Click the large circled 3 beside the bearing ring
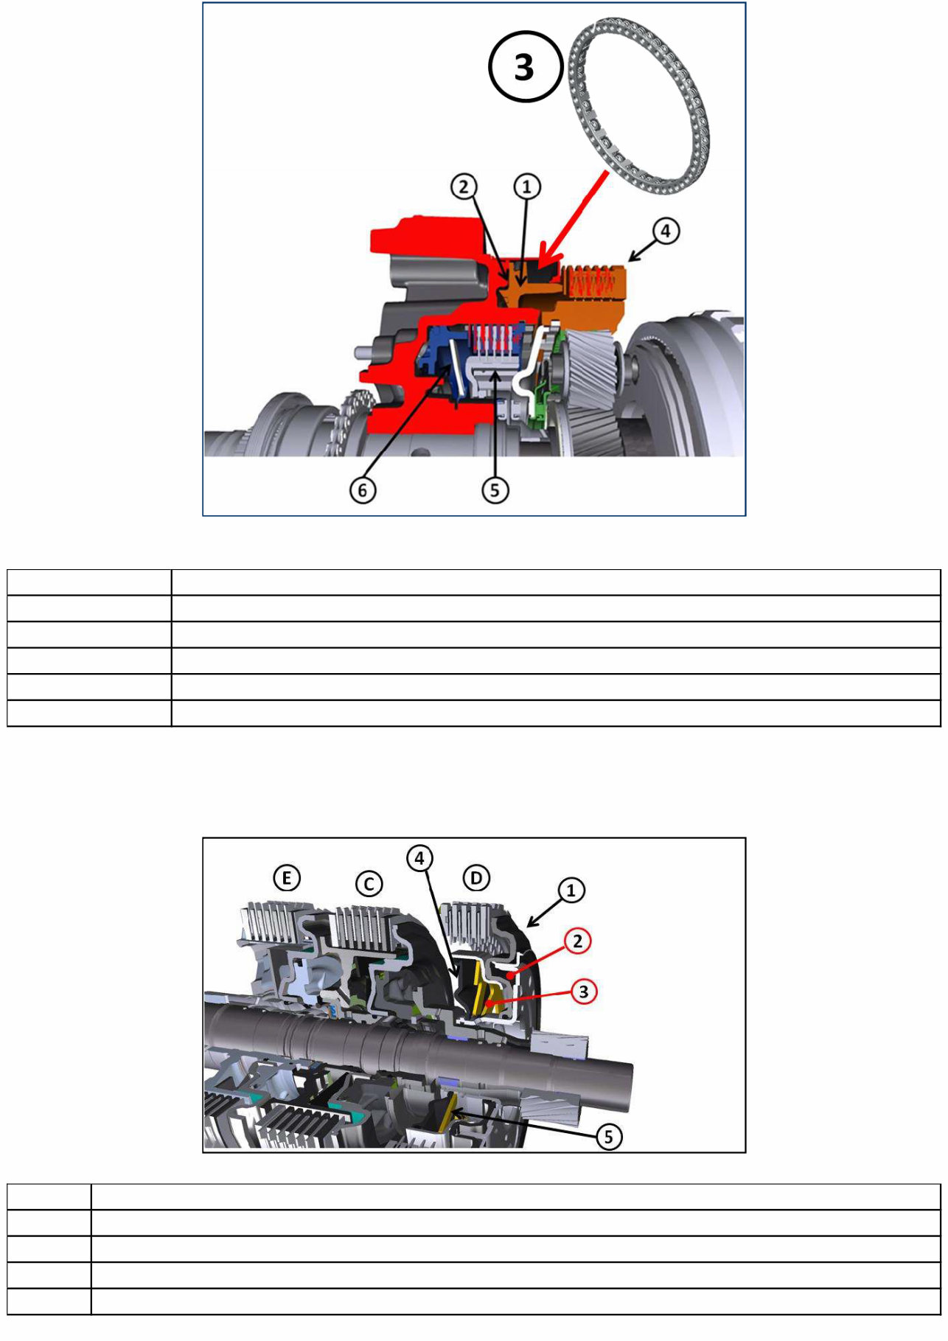[x=525, y=67]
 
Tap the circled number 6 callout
[x=362, y=490]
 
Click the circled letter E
[x=287, y=878]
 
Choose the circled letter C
[x=369, y=883]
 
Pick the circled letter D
[x=476, y=878]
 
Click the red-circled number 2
[x=578, y=941]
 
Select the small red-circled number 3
[x=583, y=991]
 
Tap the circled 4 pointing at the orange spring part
[x=665, y=231]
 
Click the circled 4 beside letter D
[x=419, y=858]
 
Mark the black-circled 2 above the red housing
[x=464, y=187]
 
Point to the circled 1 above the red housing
[x=526, y=187]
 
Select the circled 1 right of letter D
[x=571, y=891]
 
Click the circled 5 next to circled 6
[x=495, y=490]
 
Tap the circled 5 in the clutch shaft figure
[x=608, y=1136]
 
